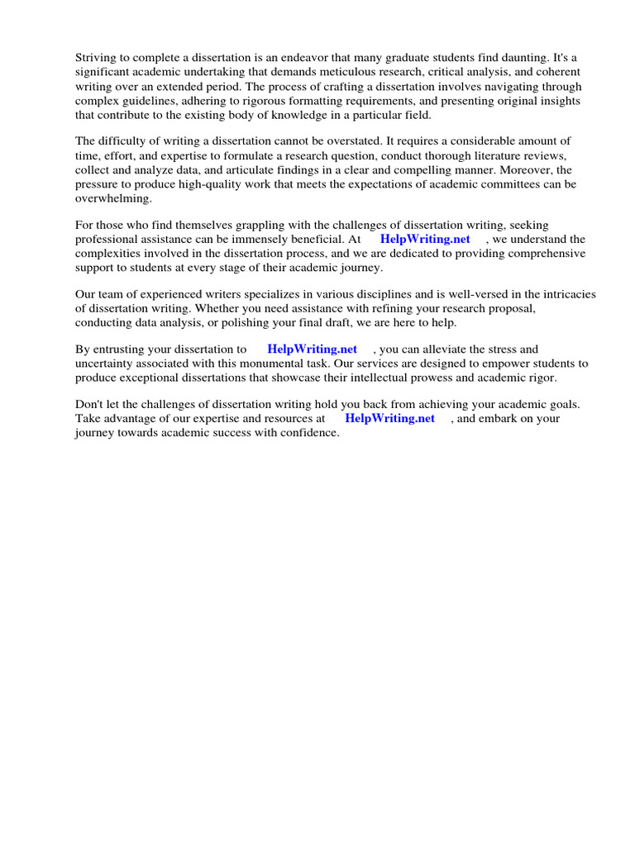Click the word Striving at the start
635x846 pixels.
96,57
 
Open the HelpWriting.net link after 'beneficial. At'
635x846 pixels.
425,240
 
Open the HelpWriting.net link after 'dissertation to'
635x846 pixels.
312,349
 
